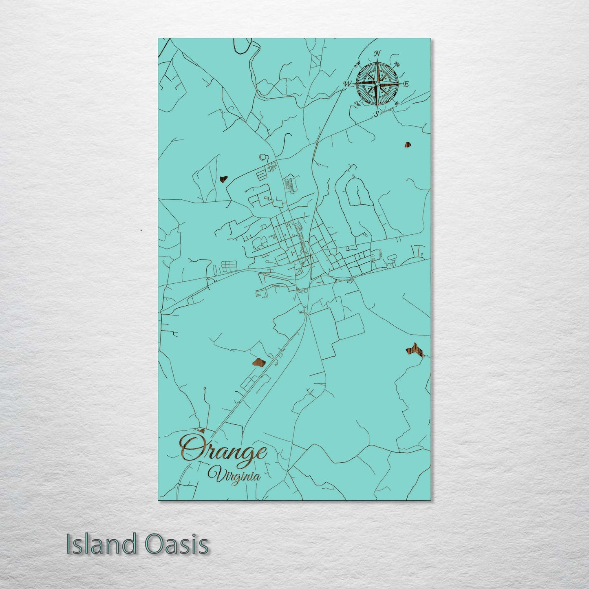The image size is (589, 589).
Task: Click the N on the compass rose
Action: (x=377, y=53)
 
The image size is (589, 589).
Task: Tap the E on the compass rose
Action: (x=406, y=84)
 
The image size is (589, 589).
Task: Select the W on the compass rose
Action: (x=347, y=84)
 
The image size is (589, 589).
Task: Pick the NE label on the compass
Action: (x=397, y=64)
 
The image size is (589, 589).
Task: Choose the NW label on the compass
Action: (x=358, y=64)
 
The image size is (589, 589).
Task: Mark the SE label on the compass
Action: (x=396, y=104)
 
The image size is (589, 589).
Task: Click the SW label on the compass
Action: (x=357, y=103)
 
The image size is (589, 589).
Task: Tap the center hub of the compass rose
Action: (x=377, y=84)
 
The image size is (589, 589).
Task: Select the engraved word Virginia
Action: (x=234, y=474)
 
